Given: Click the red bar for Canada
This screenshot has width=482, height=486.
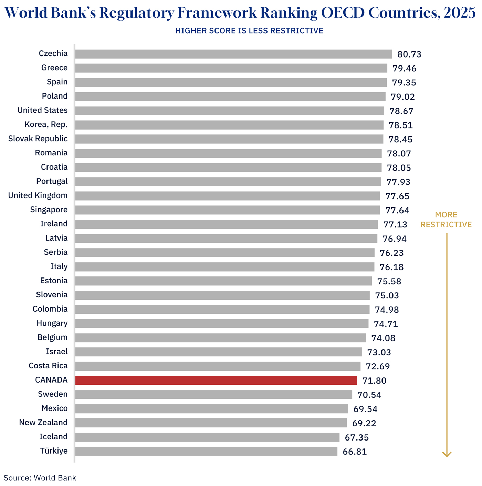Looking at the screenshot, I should [216, 380].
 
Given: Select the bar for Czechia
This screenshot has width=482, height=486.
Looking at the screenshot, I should [233, 54].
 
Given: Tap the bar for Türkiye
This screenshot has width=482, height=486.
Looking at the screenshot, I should [206, 451].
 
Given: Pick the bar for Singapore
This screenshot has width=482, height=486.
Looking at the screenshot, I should [228, 210].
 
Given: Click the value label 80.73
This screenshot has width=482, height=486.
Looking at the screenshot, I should [409, 54].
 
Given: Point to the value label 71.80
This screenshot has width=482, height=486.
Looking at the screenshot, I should [374, 381].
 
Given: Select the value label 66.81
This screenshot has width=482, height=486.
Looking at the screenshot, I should [355, 452].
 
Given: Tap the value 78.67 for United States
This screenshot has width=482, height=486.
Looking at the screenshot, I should [401, 111].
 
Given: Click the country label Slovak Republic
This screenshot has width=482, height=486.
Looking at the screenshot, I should [38, 139].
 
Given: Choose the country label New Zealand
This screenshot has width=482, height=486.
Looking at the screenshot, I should [43, 423].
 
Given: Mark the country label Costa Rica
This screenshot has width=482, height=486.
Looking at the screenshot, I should [48, 366].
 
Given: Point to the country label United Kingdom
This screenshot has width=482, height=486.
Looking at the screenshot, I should [38, 195].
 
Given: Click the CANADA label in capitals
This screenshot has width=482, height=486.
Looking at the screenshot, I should [51, 380].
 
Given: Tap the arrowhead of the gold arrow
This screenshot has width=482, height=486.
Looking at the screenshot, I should [447, 454].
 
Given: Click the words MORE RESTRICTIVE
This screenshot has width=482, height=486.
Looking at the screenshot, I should [446, 220].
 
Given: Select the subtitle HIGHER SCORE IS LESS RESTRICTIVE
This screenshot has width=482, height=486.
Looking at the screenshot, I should [249, 31].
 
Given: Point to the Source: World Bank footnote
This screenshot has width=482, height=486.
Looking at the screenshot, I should [40, 478].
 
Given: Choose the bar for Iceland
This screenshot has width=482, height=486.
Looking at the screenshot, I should [207, 437].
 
